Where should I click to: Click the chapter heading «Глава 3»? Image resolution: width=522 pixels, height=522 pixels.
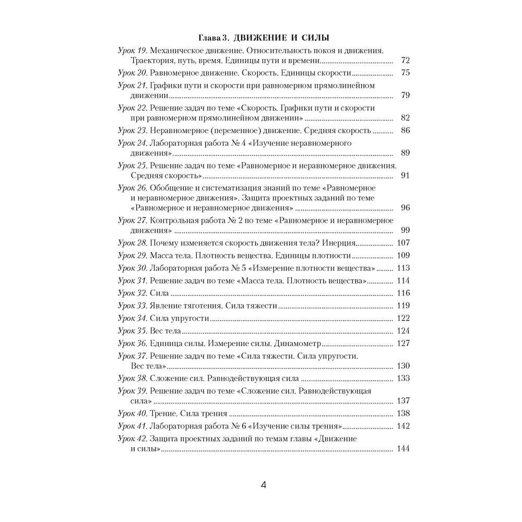(x=213, y=38)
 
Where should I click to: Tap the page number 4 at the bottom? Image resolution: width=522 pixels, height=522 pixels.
(x=263, y=485)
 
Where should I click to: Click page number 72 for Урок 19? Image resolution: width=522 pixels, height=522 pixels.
(x=405, y=61)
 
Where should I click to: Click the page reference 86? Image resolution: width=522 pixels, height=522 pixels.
(x=405, y=130)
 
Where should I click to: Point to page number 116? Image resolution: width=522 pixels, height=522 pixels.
(x=404, y=293)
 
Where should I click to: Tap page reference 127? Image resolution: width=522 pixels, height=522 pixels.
(x=404, y=343)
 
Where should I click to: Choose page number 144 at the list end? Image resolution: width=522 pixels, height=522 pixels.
(x=404, y=449)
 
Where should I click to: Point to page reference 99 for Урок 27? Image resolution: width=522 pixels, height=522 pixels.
(x=405, y=230)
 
